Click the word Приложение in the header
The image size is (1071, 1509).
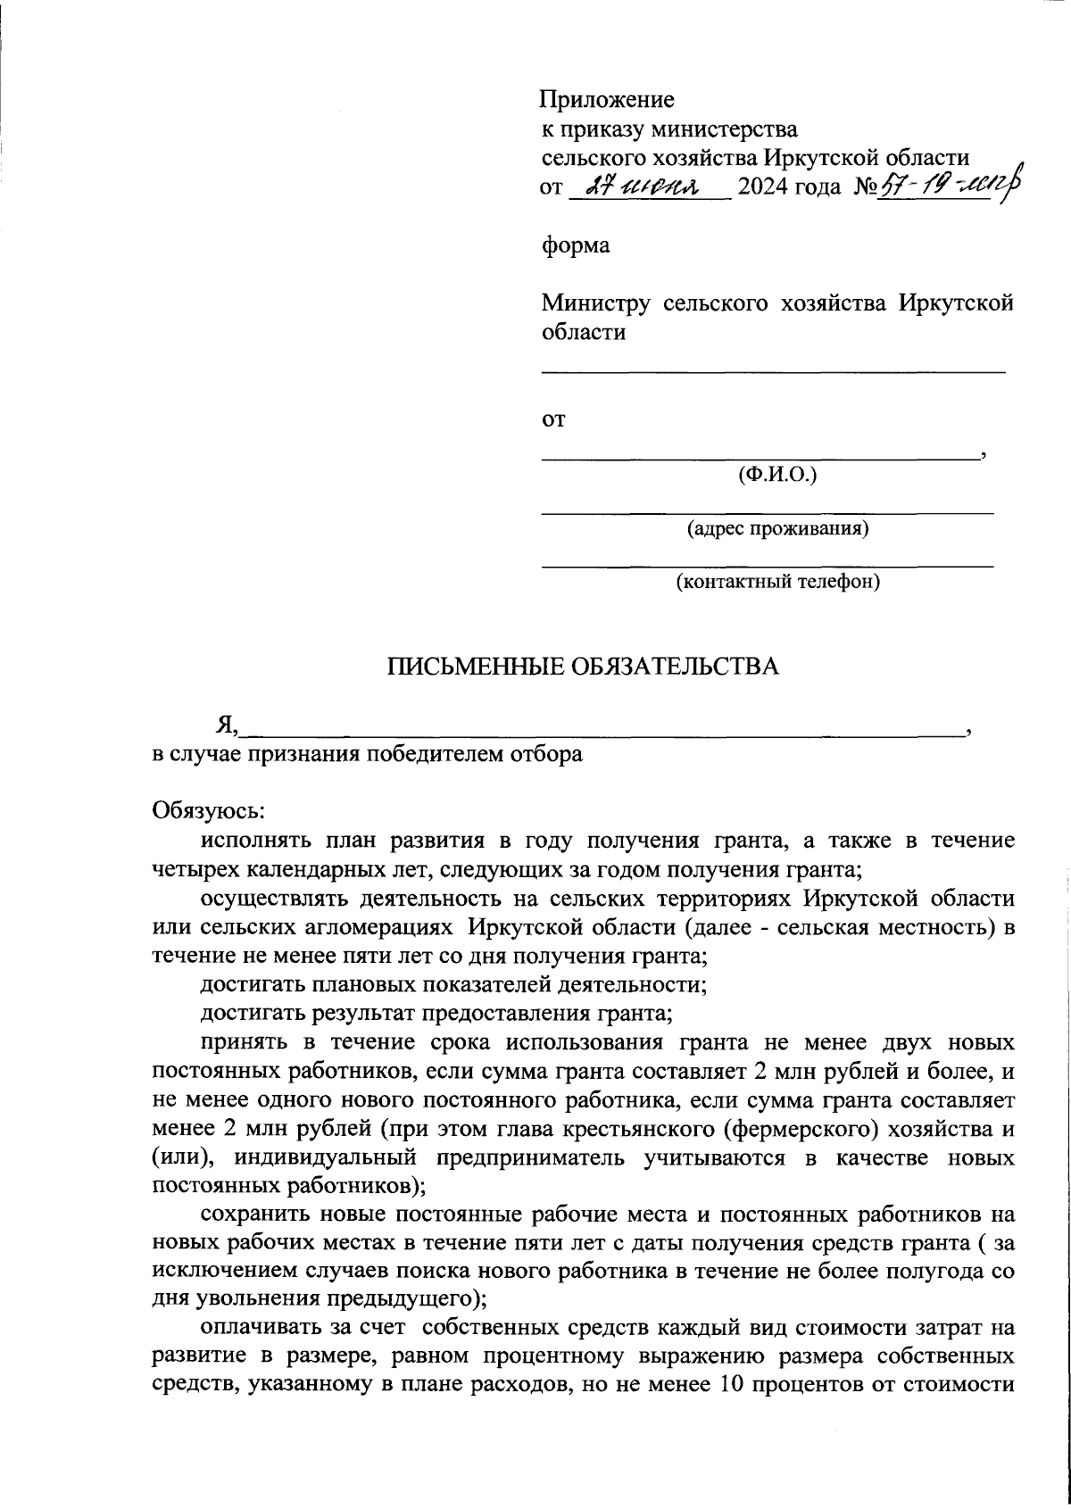coord(608,100)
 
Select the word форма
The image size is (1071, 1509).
coord(576,245)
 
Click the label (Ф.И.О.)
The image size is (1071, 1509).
coord(777,476)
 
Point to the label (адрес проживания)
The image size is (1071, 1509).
coord(777,529)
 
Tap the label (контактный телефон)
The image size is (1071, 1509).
coord(777,583)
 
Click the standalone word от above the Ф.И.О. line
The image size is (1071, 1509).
coord(553,421)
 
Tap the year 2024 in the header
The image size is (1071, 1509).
coord(764,187)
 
